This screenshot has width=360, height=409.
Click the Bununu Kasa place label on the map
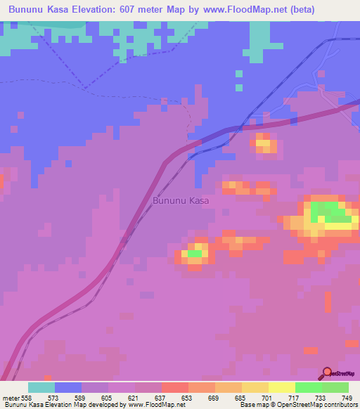click(x=181, y=200)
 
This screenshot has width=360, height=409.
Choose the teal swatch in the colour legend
click(x=41, y=387)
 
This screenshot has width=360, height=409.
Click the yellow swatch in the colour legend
click(x=282, y=387)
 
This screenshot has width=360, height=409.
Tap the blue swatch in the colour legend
click(x=68, y=387)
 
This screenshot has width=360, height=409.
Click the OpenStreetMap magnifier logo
click(x=328, y=373)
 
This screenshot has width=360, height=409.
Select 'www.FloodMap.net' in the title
click(x=245, y=9)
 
